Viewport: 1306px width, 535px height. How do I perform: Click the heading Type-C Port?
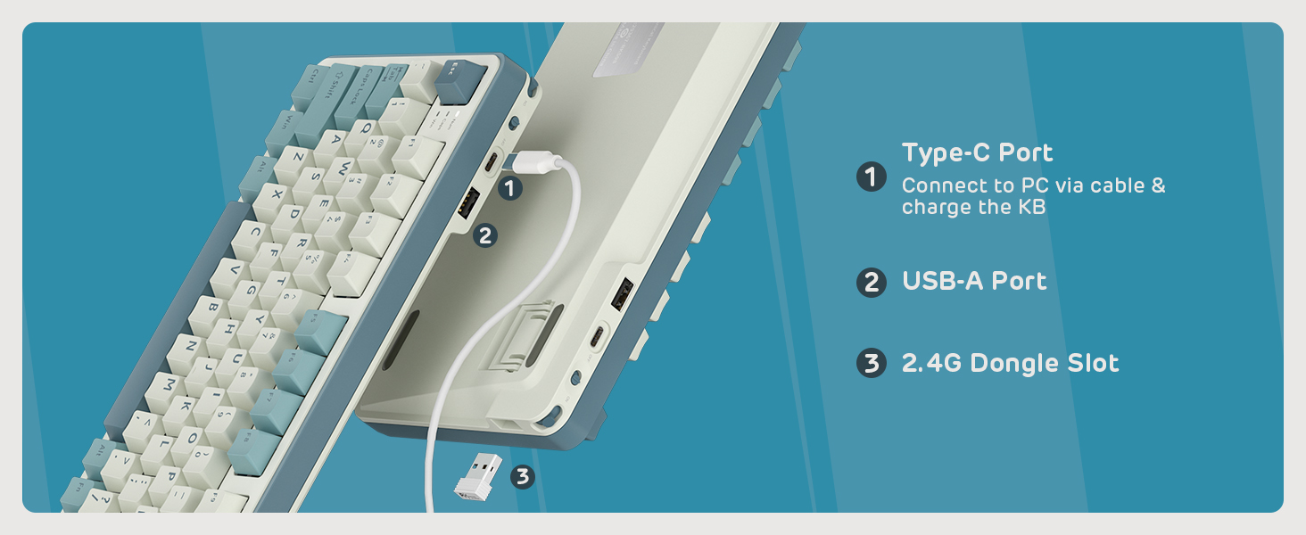pos(977,153)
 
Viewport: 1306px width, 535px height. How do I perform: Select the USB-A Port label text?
pos(974,282)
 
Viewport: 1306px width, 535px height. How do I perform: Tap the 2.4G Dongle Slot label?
pos(1010,364)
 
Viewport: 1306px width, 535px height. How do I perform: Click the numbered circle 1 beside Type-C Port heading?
pos(871,177)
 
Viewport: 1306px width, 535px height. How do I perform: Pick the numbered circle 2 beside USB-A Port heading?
pos(871,283)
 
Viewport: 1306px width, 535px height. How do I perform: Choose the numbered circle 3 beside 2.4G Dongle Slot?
pos(871,364)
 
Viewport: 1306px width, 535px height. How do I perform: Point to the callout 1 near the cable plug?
pos(508,188)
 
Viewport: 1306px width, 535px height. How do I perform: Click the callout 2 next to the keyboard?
pos(484,235)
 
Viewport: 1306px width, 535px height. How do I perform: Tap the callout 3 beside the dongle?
pos(523,477)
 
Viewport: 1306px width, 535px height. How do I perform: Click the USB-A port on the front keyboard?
pos(467,203)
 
